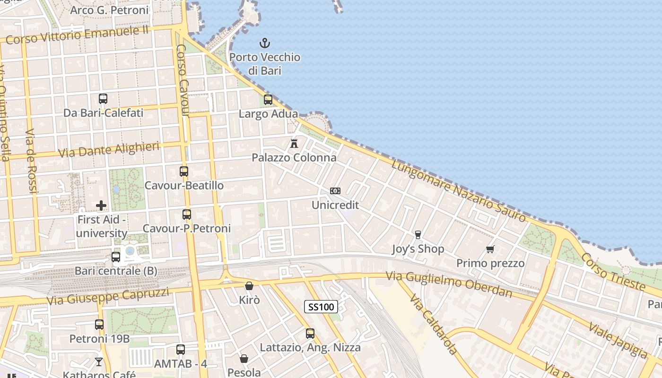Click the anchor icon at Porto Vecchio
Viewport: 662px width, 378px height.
[265, 43]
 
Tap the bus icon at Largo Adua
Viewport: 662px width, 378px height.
[268, 100]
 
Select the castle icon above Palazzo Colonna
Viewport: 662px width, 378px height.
[294, 143]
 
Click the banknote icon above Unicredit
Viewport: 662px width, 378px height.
[335, 191]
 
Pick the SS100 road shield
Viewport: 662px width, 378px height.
[321, 307]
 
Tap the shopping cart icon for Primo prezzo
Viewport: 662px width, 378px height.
[490, 249]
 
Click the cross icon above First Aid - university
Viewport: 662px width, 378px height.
[101, 206]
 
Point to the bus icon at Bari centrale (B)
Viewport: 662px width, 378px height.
[116, 257]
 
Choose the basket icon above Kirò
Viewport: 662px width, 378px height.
[249, 286]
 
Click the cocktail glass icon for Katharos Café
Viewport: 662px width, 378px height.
[99, 362]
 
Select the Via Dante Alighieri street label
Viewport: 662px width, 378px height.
[109, 150]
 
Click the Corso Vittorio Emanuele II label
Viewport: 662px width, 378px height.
[78, 34]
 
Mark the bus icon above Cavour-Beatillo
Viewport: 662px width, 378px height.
[184, 172]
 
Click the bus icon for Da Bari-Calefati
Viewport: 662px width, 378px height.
[103, 99]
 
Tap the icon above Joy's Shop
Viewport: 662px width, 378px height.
[418, 234]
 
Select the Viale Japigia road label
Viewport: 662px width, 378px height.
[618, 340]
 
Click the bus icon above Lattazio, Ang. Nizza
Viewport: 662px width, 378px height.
[310, 334]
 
